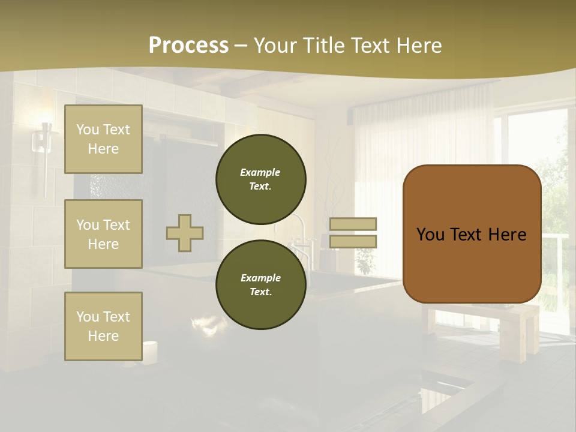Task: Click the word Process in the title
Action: tap(188, 46)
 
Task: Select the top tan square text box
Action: tap(103, 139)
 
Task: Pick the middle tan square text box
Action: tap(103, 234)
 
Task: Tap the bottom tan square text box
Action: tap(103, 326)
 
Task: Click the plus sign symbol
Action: tap(185, 233)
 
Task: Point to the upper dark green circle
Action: tap(260, 179)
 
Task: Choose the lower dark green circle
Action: tap(260, 285)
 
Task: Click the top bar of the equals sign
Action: tap(353, 224)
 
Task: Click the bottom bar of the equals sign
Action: tap(353, 242)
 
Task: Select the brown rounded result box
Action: tap(472, 234)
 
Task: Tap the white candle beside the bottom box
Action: tap(149, 350)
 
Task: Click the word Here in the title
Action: tap(418, 46)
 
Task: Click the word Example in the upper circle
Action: tap(260, 172)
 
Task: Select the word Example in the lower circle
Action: tap(260, 278)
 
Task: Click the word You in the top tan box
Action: tap(88, 130)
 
